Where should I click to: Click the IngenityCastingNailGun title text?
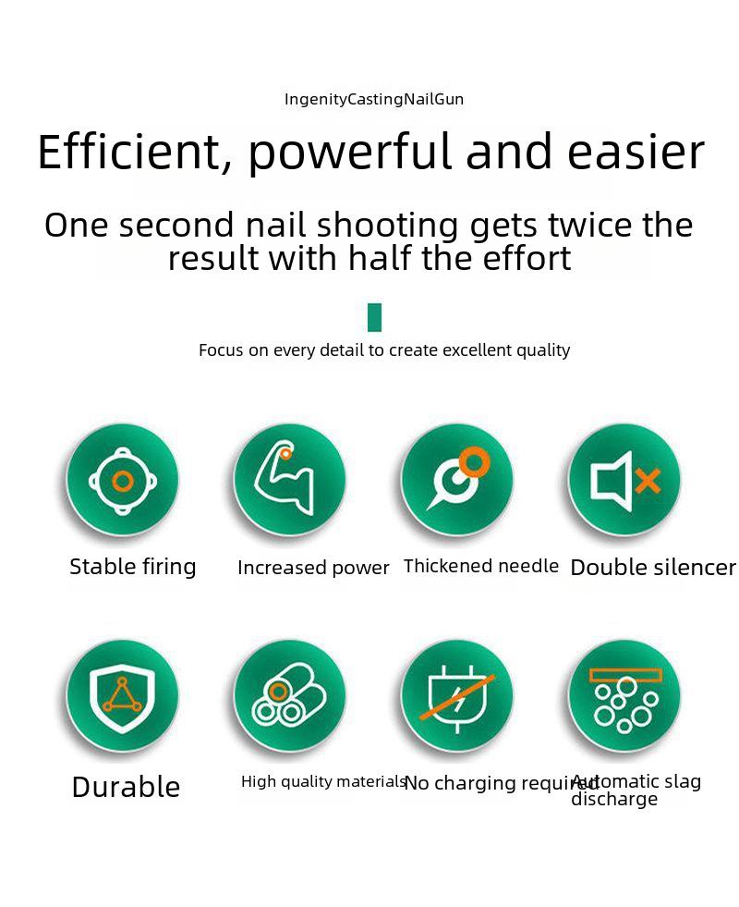[x=374, y=100]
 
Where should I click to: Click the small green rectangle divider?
[x=374, y=317]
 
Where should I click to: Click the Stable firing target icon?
[x=123, y=480]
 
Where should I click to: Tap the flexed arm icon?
[x=285, y=478]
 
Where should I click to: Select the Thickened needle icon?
[x=459, y=478]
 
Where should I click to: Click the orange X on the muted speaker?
[x=648, y=482]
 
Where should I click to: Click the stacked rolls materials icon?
[x=289, y=696]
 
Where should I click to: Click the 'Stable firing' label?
[x=133, y=567]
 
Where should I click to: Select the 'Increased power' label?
[x=313, y=568]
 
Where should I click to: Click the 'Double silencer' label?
[x=653, y=568]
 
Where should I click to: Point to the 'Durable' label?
[x=126, y=787]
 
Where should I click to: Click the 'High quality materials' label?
[x=323, y=782]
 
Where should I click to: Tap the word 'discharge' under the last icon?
[x=614, y=800]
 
